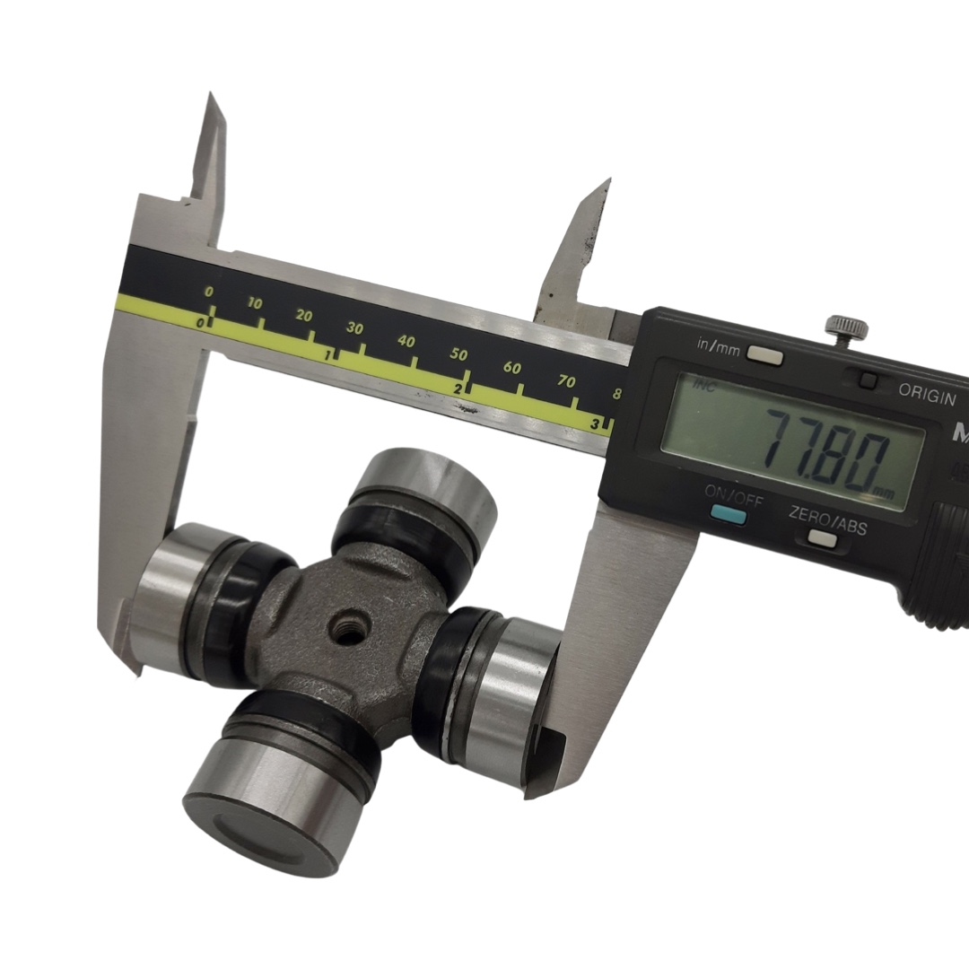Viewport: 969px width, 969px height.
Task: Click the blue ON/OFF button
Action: point(728,513)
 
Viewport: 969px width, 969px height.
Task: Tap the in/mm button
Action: point(764,354)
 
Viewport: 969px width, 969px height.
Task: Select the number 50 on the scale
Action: point(458,354)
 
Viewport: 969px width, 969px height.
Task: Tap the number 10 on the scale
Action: point(255,303)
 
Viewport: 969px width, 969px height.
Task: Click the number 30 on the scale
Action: point(354,327)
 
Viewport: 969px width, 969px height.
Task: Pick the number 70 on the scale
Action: point(566,381)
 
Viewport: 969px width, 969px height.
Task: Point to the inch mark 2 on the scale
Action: point(458,389)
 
